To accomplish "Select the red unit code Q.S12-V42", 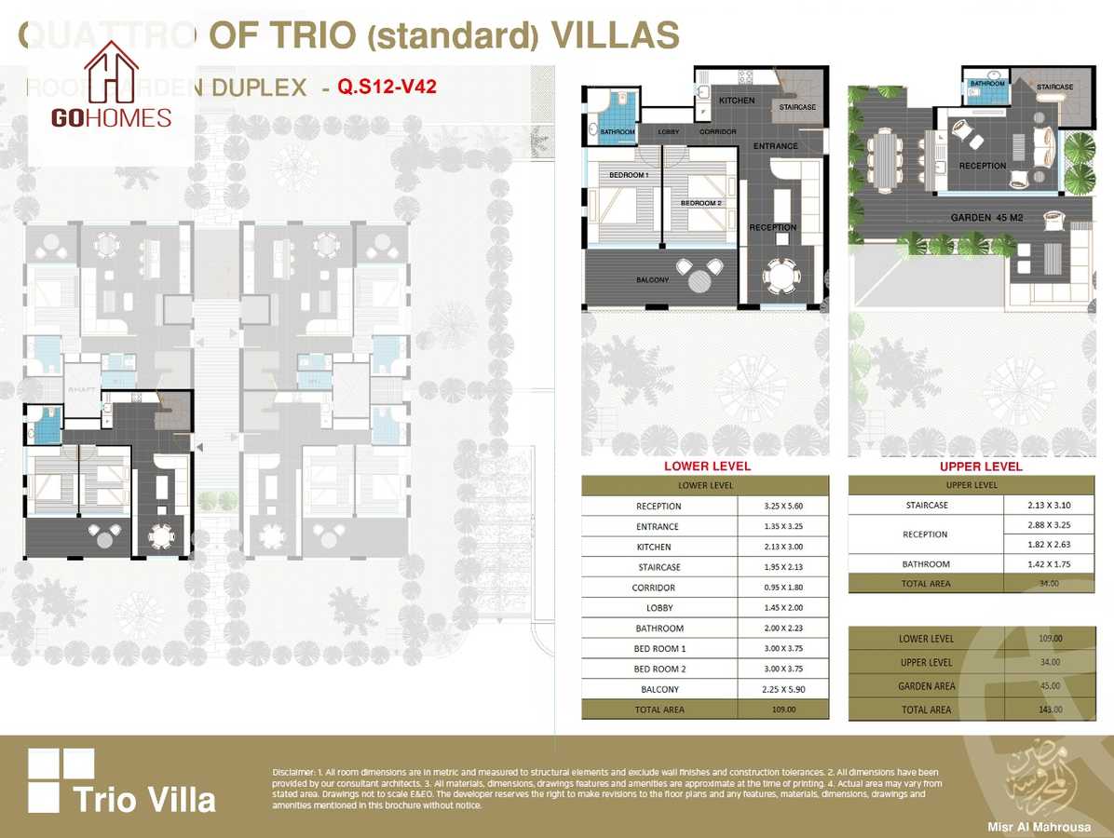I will pos(387,87).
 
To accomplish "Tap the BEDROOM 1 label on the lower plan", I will pos(629,175).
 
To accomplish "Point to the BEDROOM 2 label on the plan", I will pos(700,203).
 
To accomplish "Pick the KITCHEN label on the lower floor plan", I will pos(736,100).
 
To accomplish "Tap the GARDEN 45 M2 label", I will pos(986,217).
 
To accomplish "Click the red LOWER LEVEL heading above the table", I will pos(706,466).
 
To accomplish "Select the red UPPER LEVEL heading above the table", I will pos(981,466).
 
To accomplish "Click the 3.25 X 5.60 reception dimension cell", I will pos(781,507).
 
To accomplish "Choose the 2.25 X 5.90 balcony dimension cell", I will pos(781,690).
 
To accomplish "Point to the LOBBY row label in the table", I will pos(659,608).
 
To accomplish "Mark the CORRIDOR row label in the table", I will pos(659,588).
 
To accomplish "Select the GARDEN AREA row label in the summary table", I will pos(926,686).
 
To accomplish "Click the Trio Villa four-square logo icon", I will pos(61,780).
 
